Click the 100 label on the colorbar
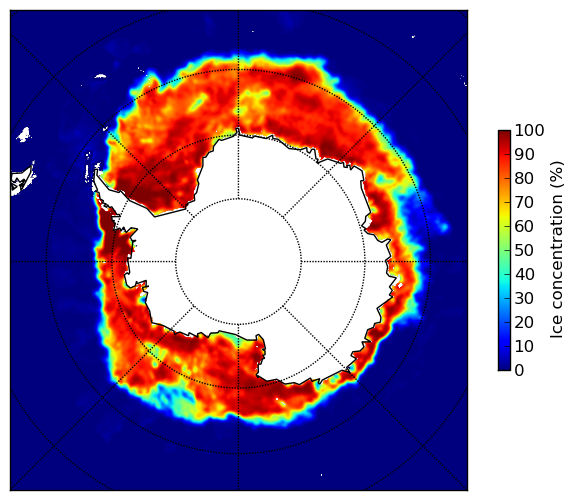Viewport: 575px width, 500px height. pyautogui.click(x=529, y=130)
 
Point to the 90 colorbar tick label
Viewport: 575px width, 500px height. pyautogui.click(x=524, y=154)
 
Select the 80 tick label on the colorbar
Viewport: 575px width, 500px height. pyautogui.click(x=524, y=178)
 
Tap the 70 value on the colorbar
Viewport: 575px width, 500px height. pyautogui.click(x=524, y=202)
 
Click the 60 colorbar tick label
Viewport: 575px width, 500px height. pyautogui.click(x=524, y=226)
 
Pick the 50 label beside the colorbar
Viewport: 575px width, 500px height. pyautogui.click(x=524, y=251)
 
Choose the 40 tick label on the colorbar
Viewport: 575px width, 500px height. pyautogui.click(x=524, y=274)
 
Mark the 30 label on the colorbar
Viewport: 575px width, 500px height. pyautogui.click(x=524, y=299)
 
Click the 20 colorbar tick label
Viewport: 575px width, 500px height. pyautogui.click(x=524, y=322)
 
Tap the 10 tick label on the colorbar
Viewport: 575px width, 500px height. pyautogui.click(x=524, y=346)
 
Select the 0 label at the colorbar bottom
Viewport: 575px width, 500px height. pyautogui.click(x=520, y=371)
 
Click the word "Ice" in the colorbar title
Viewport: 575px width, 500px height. pyautogui.click(x=556, y=329)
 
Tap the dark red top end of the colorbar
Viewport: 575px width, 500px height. pyautogui.click(x=504, y=133)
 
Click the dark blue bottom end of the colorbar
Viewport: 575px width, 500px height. pyautogui.click(x=504, y=368)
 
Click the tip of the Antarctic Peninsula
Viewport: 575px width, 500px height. pyautogui.click(x=96, y=172)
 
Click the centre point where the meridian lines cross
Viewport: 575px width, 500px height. pyautogui.click(x=238, y=262)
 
